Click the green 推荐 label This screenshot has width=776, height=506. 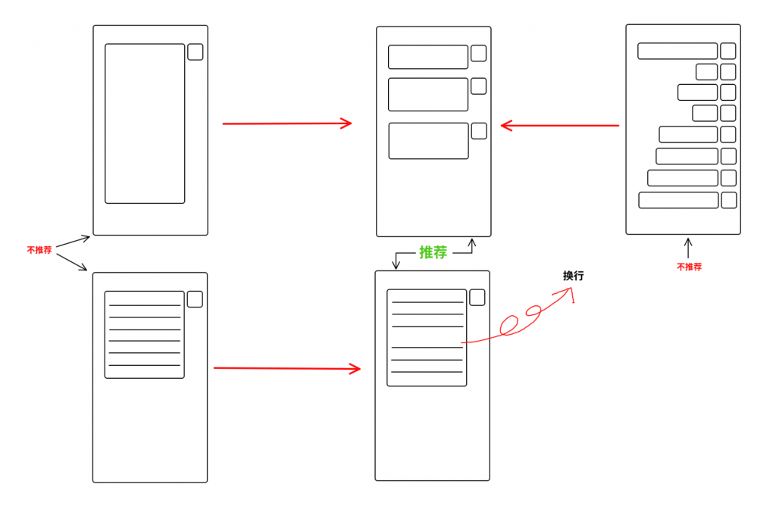point(433,252)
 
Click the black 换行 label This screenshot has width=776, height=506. point(573,276)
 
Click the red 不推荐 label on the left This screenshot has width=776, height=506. point(39,249)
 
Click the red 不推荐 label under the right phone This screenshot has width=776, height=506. point(689,267)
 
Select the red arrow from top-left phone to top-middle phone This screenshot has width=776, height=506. point(286,123)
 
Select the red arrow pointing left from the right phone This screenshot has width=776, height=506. point(559,125)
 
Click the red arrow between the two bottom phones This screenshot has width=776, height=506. point(286,368)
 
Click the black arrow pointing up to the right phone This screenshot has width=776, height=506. point(688,248)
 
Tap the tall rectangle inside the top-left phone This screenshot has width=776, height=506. point(145,123)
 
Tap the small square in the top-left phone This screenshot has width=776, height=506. point(195,52)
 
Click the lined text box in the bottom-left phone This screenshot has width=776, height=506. point(144,334)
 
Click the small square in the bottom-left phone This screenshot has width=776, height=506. point(195,299)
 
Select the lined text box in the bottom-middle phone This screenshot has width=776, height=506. point(427,337)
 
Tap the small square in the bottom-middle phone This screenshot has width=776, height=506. point(477,297)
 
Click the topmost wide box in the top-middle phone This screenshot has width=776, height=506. point(428,57)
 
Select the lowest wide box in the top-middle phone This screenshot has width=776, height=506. point(428,141)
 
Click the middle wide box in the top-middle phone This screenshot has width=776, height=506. point(428,94)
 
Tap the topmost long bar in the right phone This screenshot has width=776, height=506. point(677,51)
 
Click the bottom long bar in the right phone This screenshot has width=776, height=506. point(678,200)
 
